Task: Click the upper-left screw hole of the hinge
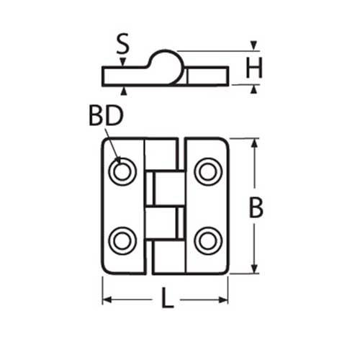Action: (x=122, y=171)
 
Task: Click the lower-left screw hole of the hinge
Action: (x=122, y=240)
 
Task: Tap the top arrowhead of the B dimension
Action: (x=253, y=143)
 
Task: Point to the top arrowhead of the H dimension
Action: (x=253, y=45)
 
